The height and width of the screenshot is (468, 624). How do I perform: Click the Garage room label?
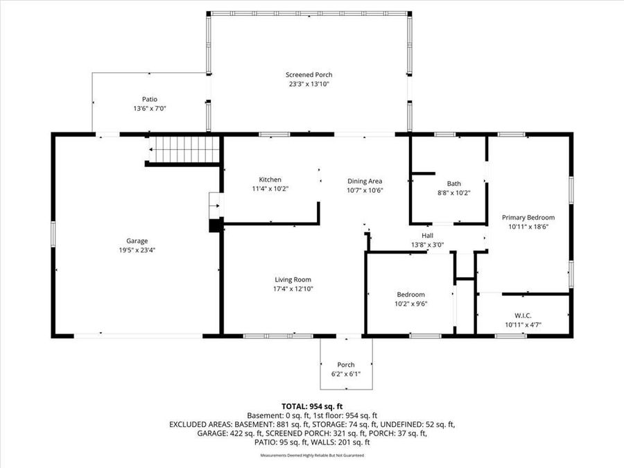137,241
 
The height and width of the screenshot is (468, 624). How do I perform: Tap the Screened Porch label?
309,75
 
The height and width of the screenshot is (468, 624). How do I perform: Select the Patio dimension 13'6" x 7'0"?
150,108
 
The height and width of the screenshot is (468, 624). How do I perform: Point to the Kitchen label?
270,180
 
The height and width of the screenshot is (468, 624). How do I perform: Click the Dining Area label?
365,181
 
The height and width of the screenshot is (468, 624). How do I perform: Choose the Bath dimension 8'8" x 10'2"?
453,193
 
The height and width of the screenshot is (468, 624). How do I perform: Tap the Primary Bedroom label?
528,217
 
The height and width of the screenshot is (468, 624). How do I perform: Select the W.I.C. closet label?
523,315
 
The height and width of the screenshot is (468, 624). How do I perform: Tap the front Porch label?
345,365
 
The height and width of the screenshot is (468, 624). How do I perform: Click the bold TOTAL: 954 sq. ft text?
311,406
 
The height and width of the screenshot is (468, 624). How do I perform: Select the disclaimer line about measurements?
311,456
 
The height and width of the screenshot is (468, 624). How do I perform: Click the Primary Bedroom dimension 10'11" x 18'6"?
528,226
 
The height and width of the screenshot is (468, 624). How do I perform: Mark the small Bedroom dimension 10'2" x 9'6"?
410,303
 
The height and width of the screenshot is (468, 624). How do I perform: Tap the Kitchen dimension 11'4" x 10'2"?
270,188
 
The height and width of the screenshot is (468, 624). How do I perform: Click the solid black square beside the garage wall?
216,225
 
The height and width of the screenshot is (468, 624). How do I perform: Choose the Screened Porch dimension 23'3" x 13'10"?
309,84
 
